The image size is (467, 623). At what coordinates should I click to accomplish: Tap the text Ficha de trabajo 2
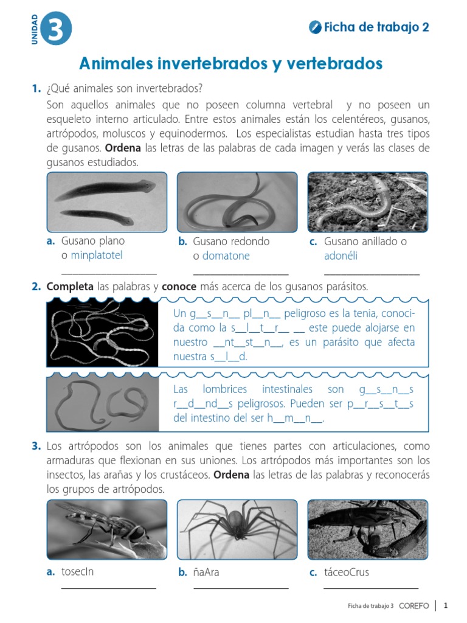tap(376, 27)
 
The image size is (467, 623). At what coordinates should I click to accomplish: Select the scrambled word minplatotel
tap(96, 256)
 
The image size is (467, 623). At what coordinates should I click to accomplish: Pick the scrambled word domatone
tap(226, 256)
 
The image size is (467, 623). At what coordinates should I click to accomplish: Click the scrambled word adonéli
tap(341, 256)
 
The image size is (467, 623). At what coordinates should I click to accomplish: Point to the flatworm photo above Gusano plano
tap(106, 203)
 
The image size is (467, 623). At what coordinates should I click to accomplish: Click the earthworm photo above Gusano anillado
tap(367, 203)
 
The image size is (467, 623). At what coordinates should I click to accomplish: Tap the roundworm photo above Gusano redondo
tap(237, 203)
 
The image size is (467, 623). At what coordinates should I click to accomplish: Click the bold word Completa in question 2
tap(70, 286)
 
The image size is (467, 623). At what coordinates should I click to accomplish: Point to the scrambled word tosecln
tap(78, 572)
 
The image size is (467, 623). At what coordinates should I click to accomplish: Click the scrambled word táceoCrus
tap(347, 572)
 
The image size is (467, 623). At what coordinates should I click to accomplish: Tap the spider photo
tap(237, 529)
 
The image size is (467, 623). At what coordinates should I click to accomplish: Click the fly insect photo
tap(106, 529)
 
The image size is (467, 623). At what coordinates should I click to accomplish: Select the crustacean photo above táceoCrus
tap(367, 529)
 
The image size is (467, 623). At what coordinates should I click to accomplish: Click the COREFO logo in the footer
tap(414, 606)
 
